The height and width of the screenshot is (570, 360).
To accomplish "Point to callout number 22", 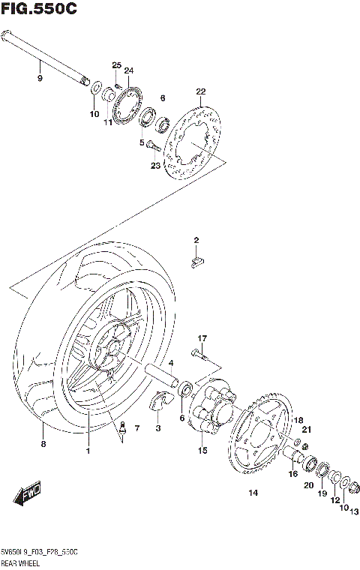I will point(200,92).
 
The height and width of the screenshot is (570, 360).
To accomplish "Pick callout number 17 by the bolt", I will point(202,338).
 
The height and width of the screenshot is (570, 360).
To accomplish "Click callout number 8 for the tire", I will point(43,445).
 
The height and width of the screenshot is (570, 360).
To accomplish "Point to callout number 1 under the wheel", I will point(88,451).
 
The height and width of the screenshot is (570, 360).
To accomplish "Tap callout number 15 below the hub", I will point(202,451).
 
